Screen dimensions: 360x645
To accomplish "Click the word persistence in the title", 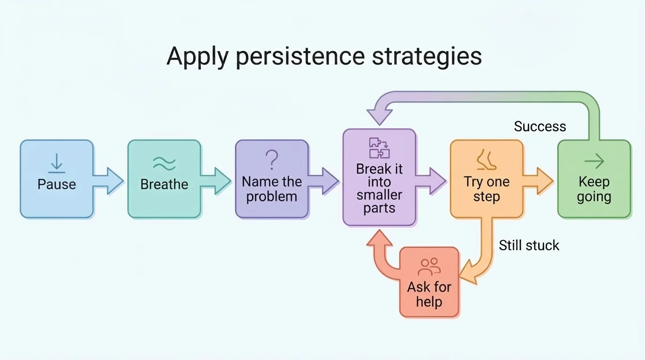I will (300, 57).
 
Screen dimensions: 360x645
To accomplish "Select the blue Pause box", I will (57, 179).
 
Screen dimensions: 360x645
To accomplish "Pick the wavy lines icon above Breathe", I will (164, 163).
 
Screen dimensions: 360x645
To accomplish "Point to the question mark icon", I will (272, 160).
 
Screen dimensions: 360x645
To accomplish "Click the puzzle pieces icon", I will (379, 148).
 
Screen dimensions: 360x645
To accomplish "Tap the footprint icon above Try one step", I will (486, 160).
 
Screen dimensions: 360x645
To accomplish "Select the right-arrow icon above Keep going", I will (594, 162).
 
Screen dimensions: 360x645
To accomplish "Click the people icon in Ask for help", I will (429, 267).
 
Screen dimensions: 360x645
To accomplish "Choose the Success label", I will (540, 127).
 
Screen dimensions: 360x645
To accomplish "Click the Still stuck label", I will (529, 245).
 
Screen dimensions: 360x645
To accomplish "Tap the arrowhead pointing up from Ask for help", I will (380, 239).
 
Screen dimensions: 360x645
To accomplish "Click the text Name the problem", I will (272, 188).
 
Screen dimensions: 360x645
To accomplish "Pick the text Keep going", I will (594, 188).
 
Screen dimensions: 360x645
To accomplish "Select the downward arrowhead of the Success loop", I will (380, 115).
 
